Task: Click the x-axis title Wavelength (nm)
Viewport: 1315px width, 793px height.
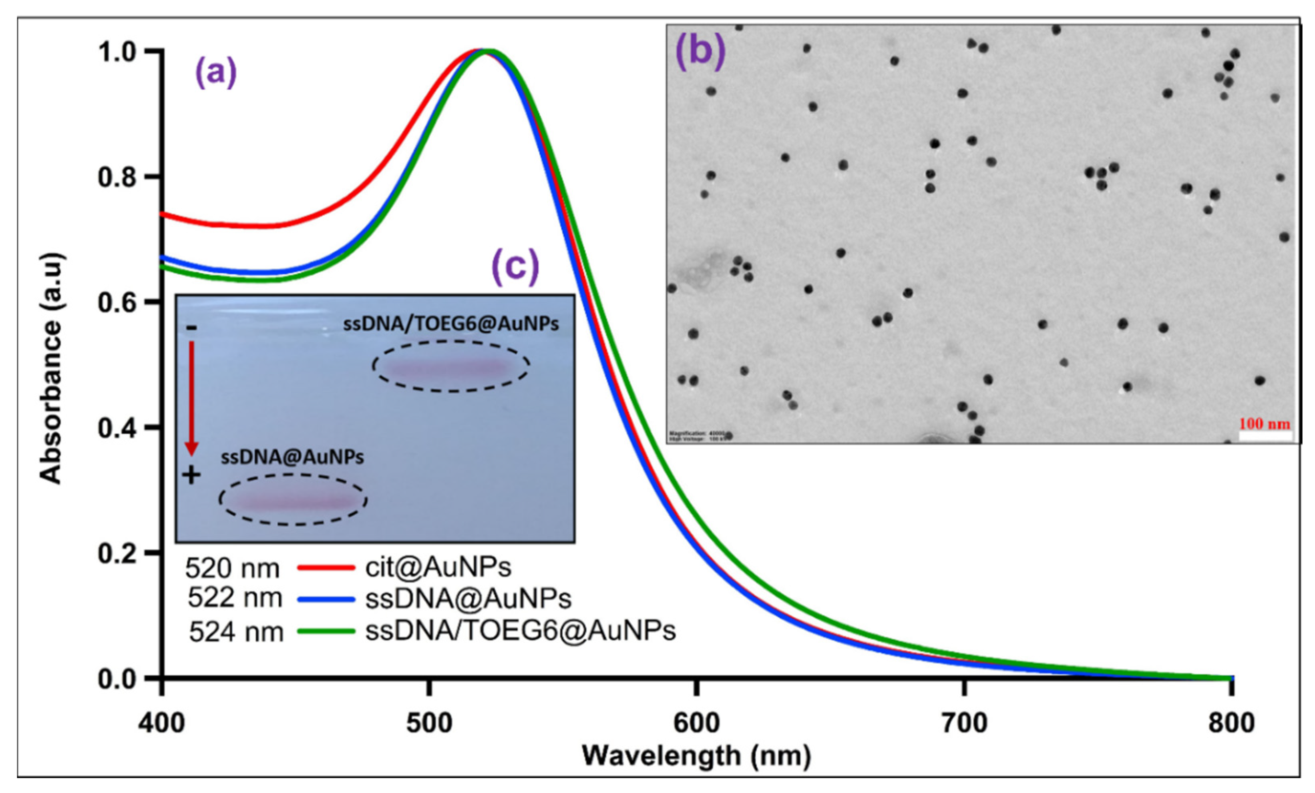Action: pos(696,756)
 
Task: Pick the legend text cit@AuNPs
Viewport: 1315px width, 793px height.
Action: pos(438,567)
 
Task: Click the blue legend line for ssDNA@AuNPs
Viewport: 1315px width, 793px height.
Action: pos(326,599)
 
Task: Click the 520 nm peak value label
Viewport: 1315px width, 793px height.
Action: pos(232,569)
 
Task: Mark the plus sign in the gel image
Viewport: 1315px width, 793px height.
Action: pos(191,475)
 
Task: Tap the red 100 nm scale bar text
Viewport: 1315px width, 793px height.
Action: pos(1264,424)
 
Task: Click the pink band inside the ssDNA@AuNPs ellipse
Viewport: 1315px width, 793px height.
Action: pos(293,500)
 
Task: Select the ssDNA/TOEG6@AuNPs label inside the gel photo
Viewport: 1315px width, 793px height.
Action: pos(451,323)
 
